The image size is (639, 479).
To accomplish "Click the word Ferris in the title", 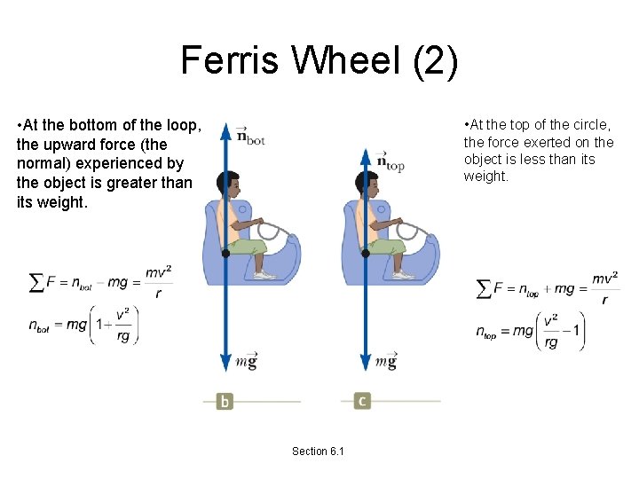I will click(x=225, y=60).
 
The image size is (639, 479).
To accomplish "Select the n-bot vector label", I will click(x=251, y=135).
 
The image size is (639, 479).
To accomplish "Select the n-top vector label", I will click(x=390, y=161).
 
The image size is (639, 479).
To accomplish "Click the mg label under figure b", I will click(x=246, y=361).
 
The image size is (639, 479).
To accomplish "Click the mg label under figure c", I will click(x=385, y=361).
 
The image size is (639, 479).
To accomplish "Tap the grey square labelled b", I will click(x=225, y=401).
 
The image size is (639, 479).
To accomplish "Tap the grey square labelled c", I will click(x=361, y=401).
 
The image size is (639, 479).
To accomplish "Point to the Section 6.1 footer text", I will click(x=319, y=452).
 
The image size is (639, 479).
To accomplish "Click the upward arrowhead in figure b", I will click(x=225, y=130).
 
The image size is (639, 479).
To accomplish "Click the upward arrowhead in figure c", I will click(x=364, y=157).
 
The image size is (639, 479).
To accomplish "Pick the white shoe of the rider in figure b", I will click(x=264, y=275).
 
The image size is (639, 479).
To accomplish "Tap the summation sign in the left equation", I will click(x=36, y=282).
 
